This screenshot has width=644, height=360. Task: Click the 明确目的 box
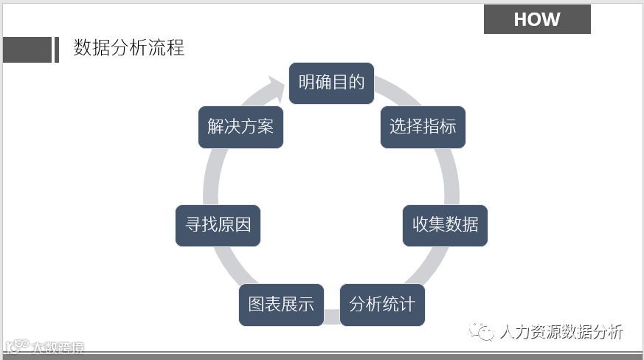331,83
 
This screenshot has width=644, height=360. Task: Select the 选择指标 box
423,126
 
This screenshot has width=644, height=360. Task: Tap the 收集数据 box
445,224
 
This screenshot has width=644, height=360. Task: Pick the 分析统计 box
382,304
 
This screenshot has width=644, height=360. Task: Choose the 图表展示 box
281,304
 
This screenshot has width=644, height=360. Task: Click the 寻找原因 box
218,224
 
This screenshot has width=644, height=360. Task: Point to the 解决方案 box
240,126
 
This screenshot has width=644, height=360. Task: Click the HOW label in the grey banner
537,19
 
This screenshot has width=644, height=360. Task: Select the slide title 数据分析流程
129,48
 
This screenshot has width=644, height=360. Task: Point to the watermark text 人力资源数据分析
561,332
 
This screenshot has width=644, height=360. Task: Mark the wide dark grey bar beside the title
27,49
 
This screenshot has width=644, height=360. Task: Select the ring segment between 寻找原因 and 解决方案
212,176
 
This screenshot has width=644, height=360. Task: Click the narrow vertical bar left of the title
57,49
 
